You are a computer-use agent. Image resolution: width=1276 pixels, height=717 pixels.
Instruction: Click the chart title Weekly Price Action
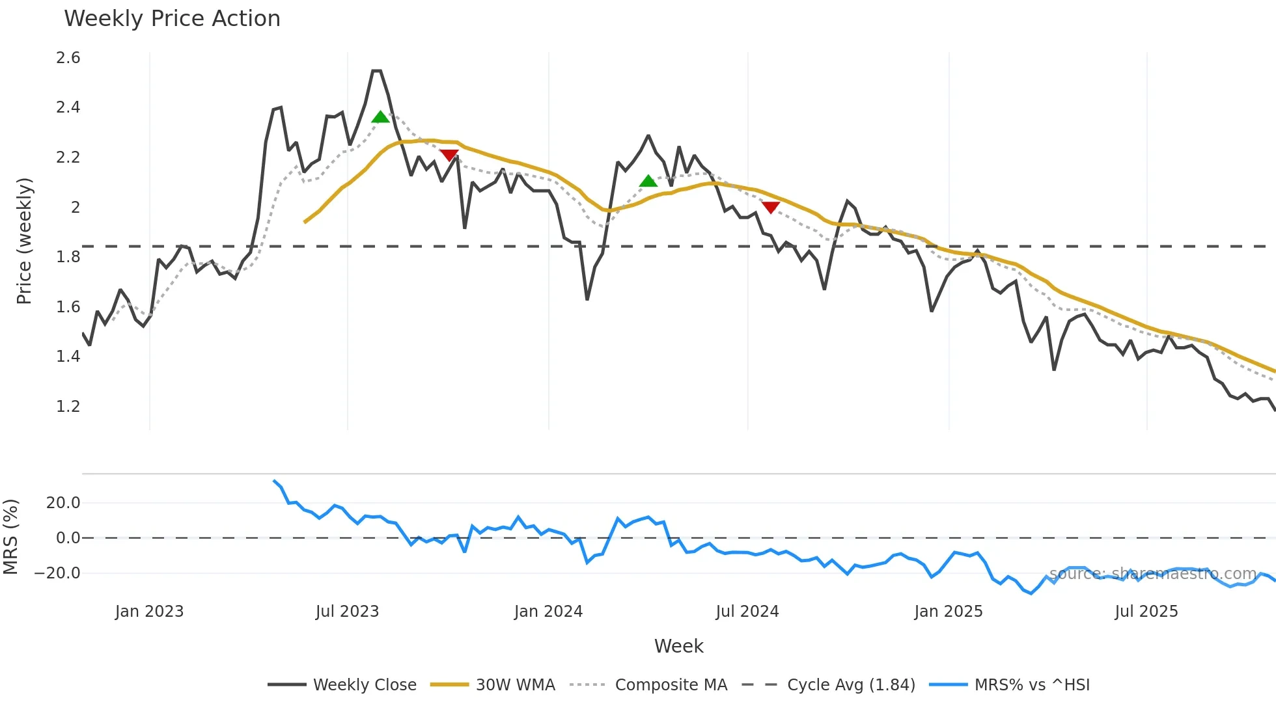click(172, 19)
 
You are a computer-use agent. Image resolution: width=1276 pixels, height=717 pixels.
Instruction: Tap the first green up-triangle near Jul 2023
click(380, 117)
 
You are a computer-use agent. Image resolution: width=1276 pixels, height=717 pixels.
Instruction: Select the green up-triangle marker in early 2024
click(648, 181)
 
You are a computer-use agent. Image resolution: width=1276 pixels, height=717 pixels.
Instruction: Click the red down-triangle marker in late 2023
click(449, 155)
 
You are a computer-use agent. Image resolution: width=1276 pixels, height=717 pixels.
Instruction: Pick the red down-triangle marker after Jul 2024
click(771, 208)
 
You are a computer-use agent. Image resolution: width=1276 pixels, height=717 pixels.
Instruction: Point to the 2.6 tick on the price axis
click(68, 58)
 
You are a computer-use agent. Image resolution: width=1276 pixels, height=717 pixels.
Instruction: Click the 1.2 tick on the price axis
click(68, 407)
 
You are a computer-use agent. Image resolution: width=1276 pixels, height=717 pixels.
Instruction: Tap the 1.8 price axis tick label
click(68, 257)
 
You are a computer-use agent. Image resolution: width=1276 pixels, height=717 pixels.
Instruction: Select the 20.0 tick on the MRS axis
click(63, 503)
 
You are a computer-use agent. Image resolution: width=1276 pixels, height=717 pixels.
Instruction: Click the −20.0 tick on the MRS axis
click(58, 573)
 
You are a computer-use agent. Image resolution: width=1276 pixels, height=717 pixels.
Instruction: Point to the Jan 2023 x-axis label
click(149, 612)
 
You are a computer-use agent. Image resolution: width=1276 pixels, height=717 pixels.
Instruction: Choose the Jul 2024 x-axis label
click(747, 612)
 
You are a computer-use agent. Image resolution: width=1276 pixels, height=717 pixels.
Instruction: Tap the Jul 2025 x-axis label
click(1146, 612)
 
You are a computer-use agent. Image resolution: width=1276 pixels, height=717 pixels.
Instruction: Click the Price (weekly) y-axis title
click(24, 241)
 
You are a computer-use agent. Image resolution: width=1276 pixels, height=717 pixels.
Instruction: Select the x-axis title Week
click(678, 646)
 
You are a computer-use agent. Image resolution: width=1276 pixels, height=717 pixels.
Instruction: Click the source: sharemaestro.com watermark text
click(1153, 574)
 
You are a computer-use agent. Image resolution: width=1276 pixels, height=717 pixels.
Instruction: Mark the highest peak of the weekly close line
click(376, 71)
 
